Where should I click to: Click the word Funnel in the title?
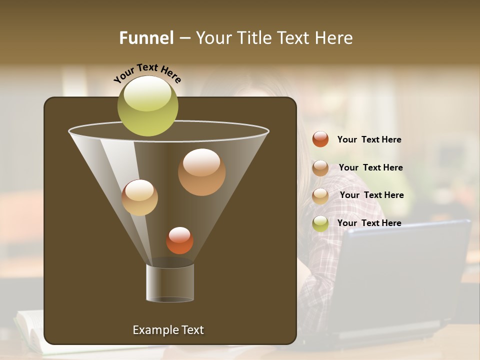(146, 38)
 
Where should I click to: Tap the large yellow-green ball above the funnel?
(148, 106)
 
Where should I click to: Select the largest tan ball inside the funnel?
(201, 172)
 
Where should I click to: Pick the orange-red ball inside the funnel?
(179, 240)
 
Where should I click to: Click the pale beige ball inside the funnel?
(139, 197)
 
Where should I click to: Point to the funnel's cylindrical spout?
(170, 282)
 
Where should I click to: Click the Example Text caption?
(168, 330)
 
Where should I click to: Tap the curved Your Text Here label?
(147, 73)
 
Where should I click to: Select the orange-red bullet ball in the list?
(320, 139)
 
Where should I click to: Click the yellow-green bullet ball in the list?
(320, 223)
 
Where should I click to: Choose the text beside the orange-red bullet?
(369, 139)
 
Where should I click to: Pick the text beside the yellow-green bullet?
(369, 223)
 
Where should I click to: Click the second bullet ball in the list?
(320, 168)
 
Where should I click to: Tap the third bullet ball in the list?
(320, 196)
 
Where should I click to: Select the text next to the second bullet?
(370, 167)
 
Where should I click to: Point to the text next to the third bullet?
(371, 195)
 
